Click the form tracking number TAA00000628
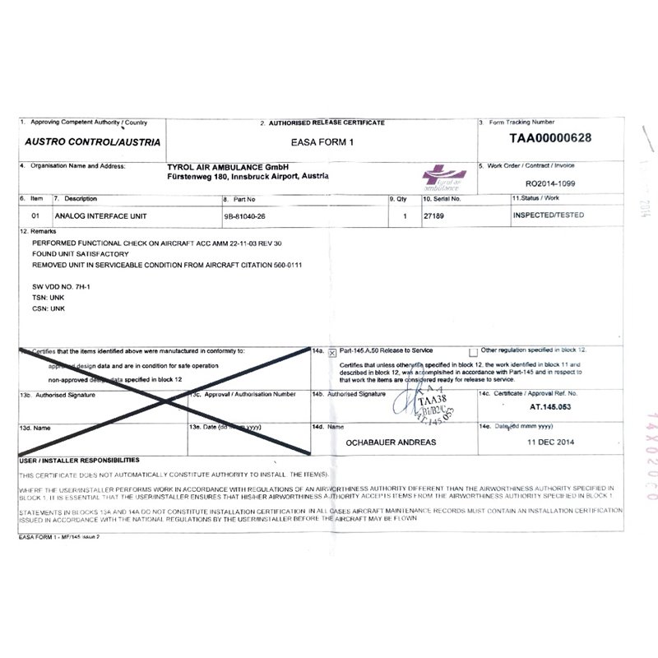pos(550,138)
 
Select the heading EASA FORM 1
pos(328,141)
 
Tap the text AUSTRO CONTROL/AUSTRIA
pos(92,141)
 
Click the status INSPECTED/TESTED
pos(548,215)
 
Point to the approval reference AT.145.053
pos(550,406)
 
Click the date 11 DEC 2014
pos(550,442)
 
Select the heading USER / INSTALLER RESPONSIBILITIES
pos(79,461)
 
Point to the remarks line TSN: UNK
pos(49,297)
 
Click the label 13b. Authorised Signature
pos(57,395)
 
